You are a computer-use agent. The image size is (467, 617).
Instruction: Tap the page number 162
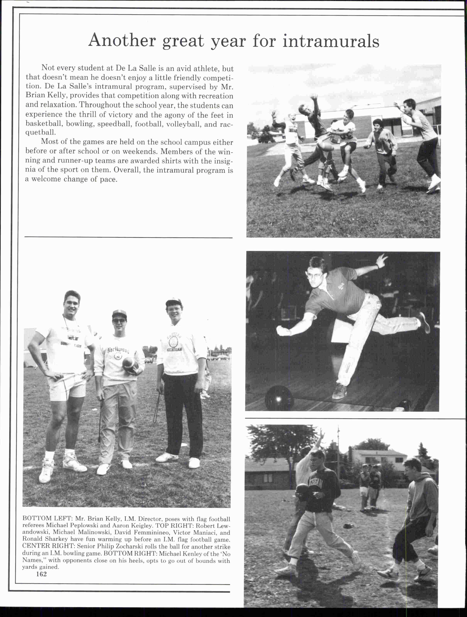point(41,574)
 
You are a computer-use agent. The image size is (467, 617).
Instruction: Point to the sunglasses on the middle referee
point(119,321)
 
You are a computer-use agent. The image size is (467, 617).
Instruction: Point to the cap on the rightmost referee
point(174,302)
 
